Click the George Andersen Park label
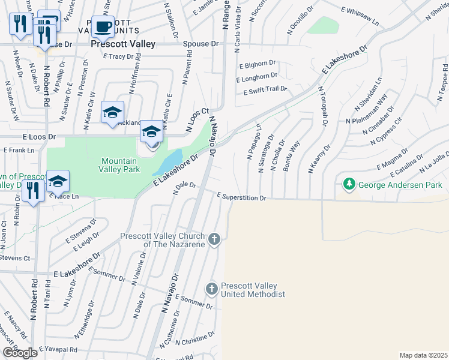(399, 185)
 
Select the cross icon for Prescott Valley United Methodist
(211, 289)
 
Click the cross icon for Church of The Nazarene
(214, 240)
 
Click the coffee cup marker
(103, 26)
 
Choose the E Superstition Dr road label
(241, 197)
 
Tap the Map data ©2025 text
(423, 355)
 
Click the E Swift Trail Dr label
(265, 89)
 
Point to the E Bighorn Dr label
(258, 65)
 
